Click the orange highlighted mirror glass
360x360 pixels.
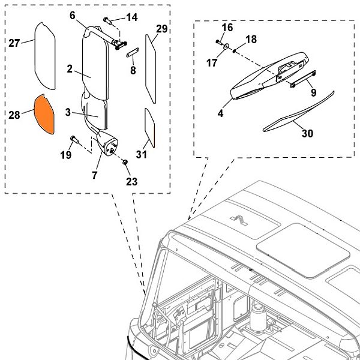44,112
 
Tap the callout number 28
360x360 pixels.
15,114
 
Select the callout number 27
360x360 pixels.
14,42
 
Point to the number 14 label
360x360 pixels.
131,17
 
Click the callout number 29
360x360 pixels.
161,29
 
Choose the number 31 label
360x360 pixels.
142,155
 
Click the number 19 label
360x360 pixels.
65,155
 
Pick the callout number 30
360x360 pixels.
307,134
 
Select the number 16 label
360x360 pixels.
227,28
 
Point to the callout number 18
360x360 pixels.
251,40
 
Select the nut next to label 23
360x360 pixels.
125,162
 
